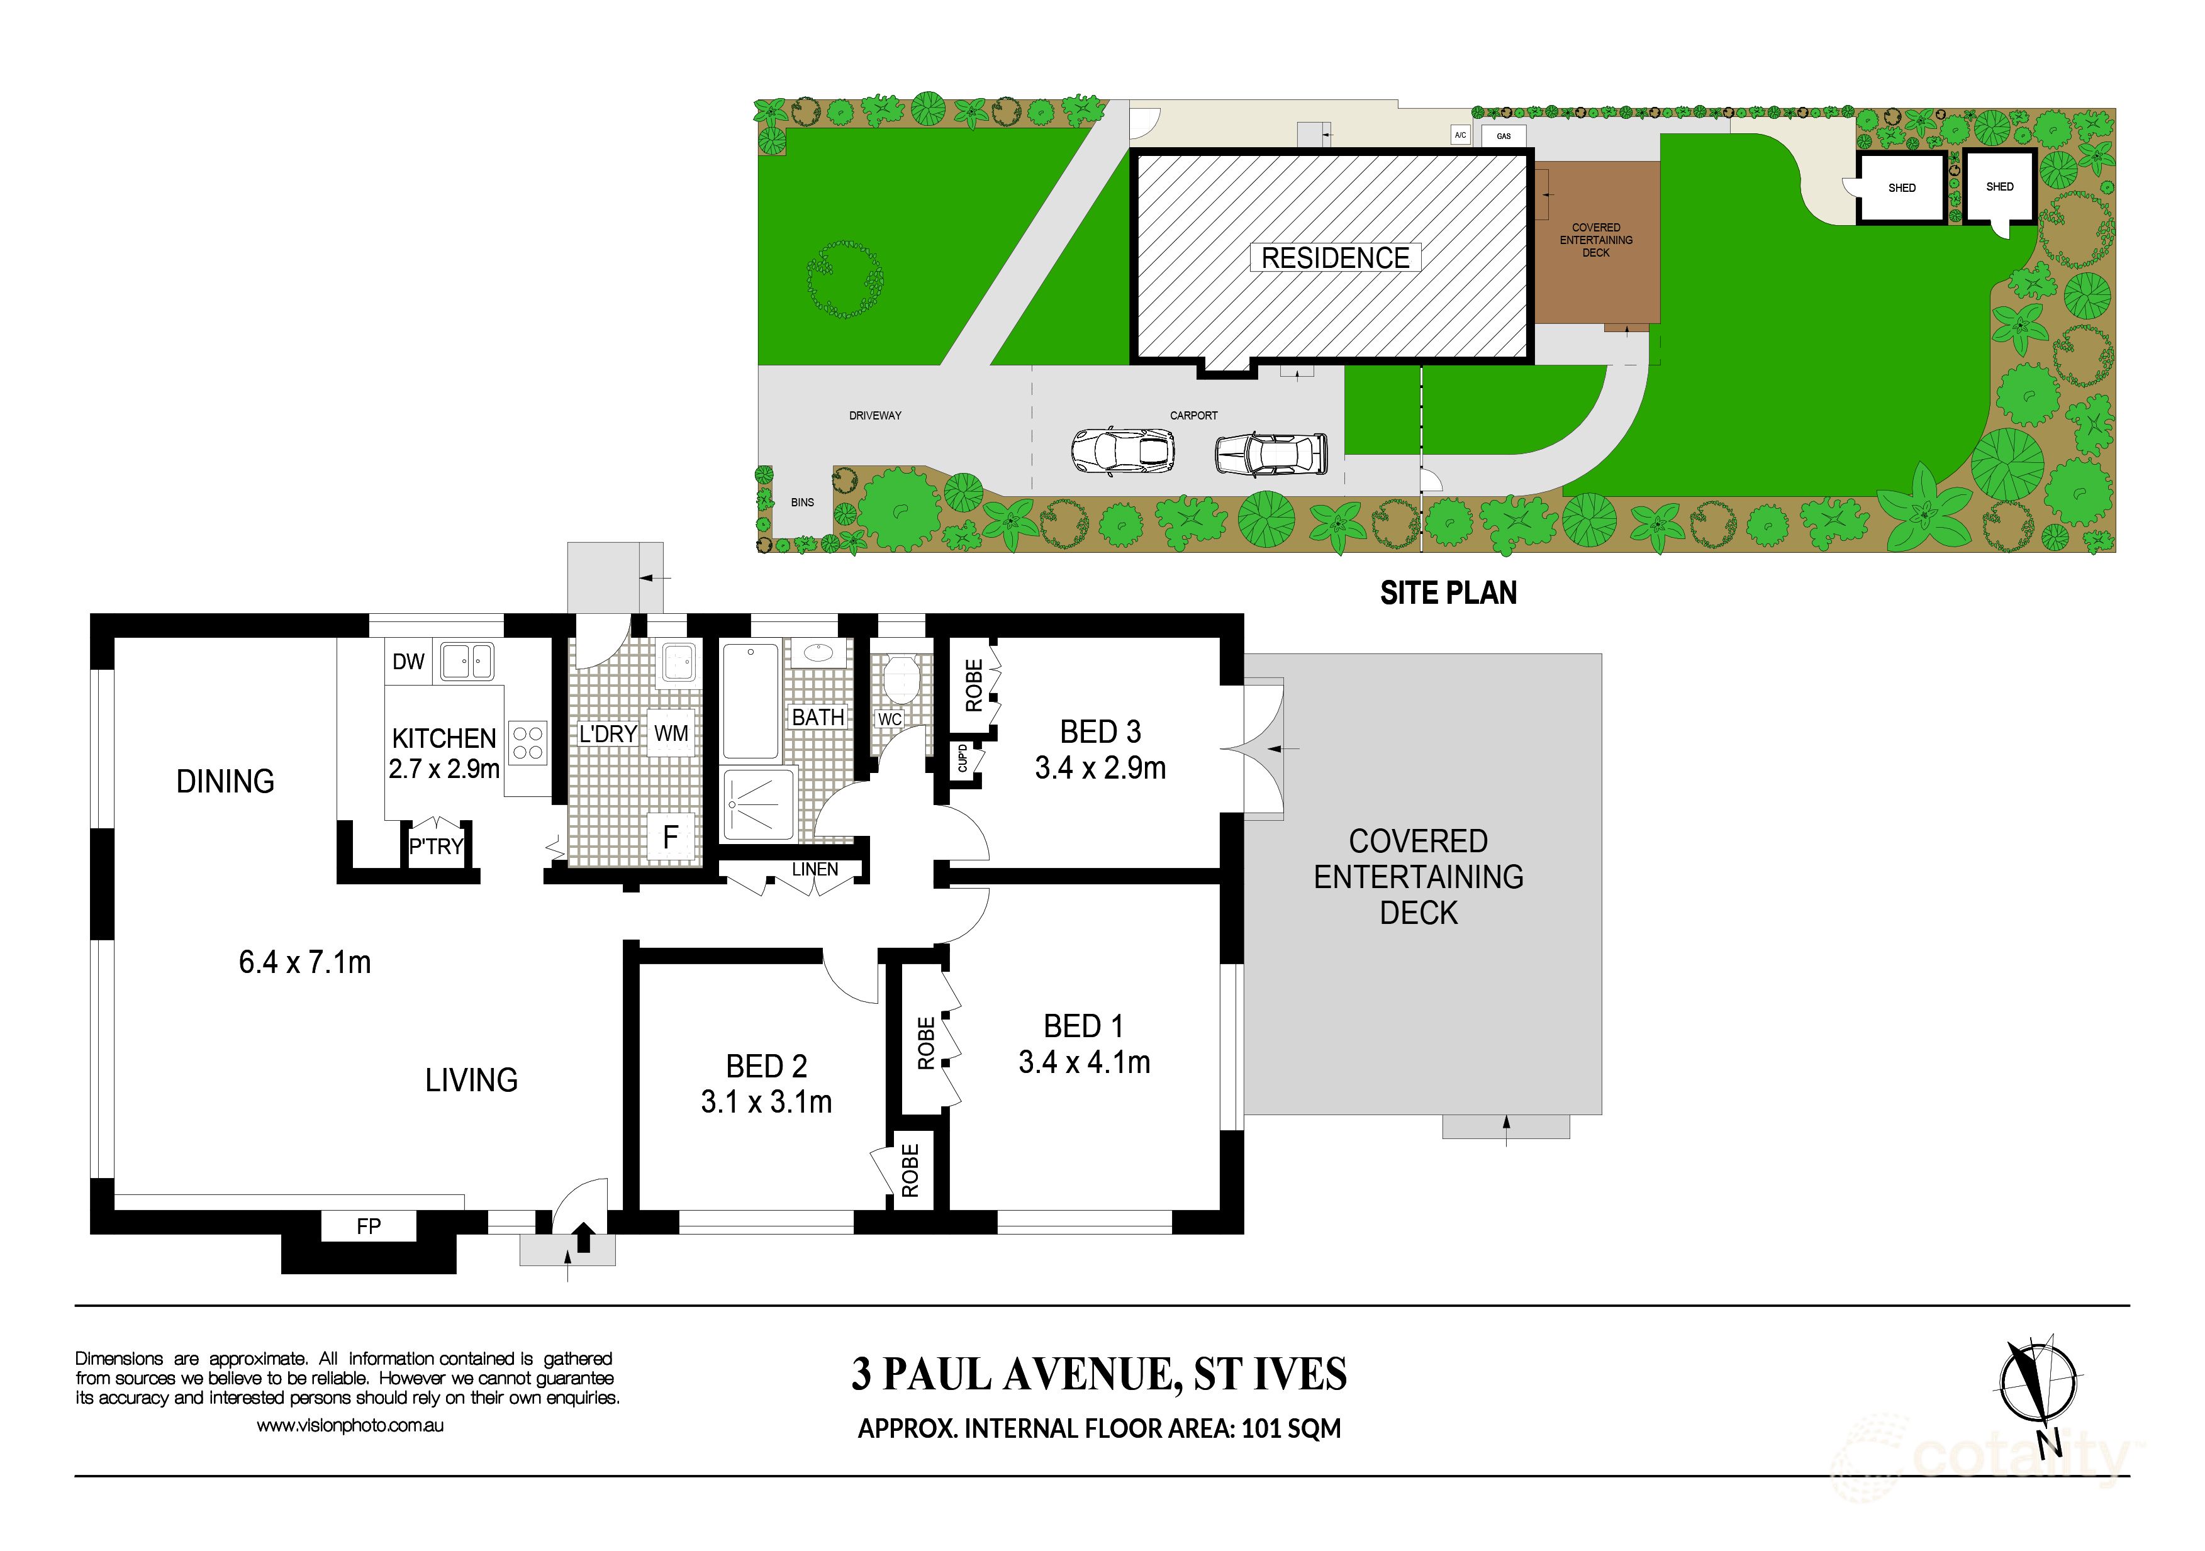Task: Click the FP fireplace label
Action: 369,1226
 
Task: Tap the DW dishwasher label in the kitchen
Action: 408,662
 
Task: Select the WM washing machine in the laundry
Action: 671,734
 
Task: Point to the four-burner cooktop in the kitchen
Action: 527,742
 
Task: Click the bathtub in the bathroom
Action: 750,702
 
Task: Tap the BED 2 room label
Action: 766,1066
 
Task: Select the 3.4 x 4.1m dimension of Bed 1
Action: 1084,1062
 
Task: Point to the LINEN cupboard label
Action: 815,869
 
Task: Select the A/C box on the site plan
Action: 1461,135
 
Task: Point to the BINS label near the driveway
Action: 802,503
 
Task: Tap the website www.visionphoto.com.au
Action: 350,1426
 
